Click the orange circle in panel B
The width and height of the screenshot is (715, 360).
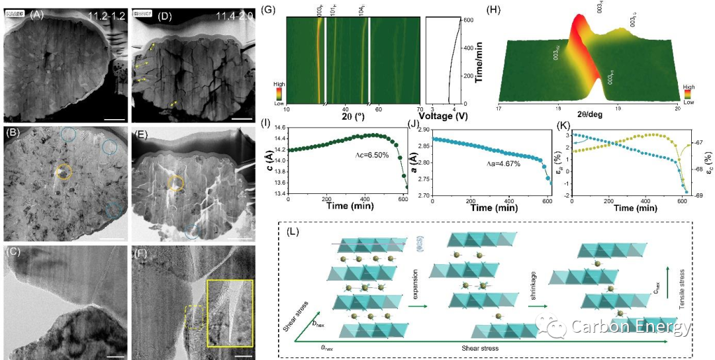(x=63, y=171)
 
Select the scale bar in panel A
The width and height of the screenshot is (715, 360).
(x=115, y=120)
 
